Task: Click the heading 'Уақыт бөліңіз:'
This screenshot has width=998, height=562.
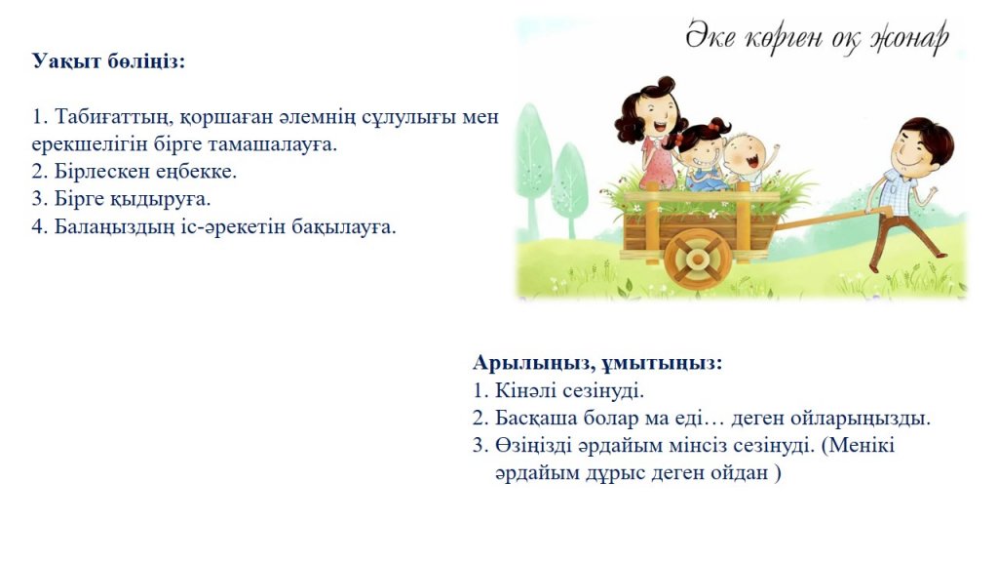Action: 108,61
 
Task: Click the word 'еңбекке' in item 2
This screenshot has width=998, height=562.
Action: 196,172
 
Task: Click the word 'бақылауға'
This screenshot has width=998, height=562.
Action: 343,226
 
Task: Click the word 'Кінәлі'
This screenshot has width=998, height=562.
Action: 524,390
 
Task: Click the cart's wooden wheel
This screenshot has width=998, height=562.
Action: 698,259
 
